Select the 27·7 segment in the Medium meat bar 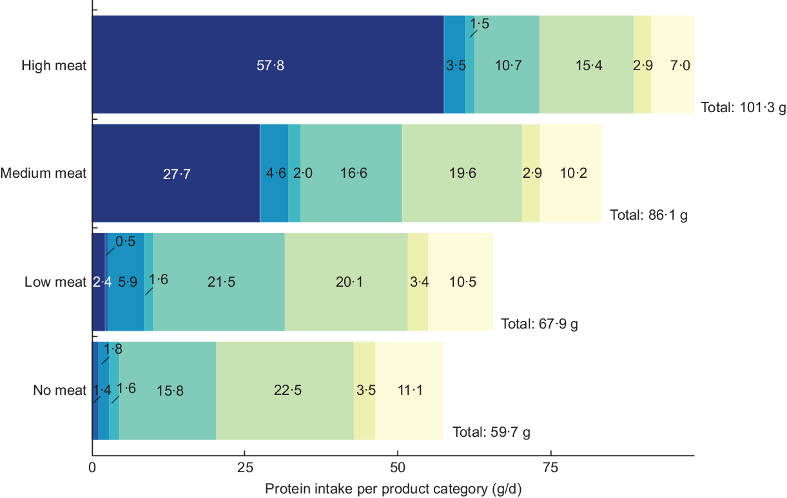[176, 173]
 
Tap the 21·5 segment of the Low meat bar [219, 282]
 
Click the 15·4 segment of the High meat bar [586, 64]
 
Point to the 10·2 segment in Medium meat [570, 173]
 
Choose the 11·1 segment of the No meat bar [409, 390]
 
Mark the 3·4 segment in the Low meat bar [418, 282]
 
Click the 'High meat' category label [53, 65]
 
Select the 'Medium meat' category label [43, 173]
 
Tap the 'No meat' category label [59, 390]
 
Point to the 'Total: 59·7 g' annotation [491, 432]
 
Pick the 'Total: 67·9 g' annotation [539, 323]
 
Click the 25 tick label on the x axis [244, 466]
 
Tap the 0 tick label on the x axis [92, 466]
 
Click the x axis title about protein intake [393, 488]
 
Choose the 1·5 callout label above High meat [480, 24]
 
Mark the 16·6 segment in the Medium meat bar [351, 173]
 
